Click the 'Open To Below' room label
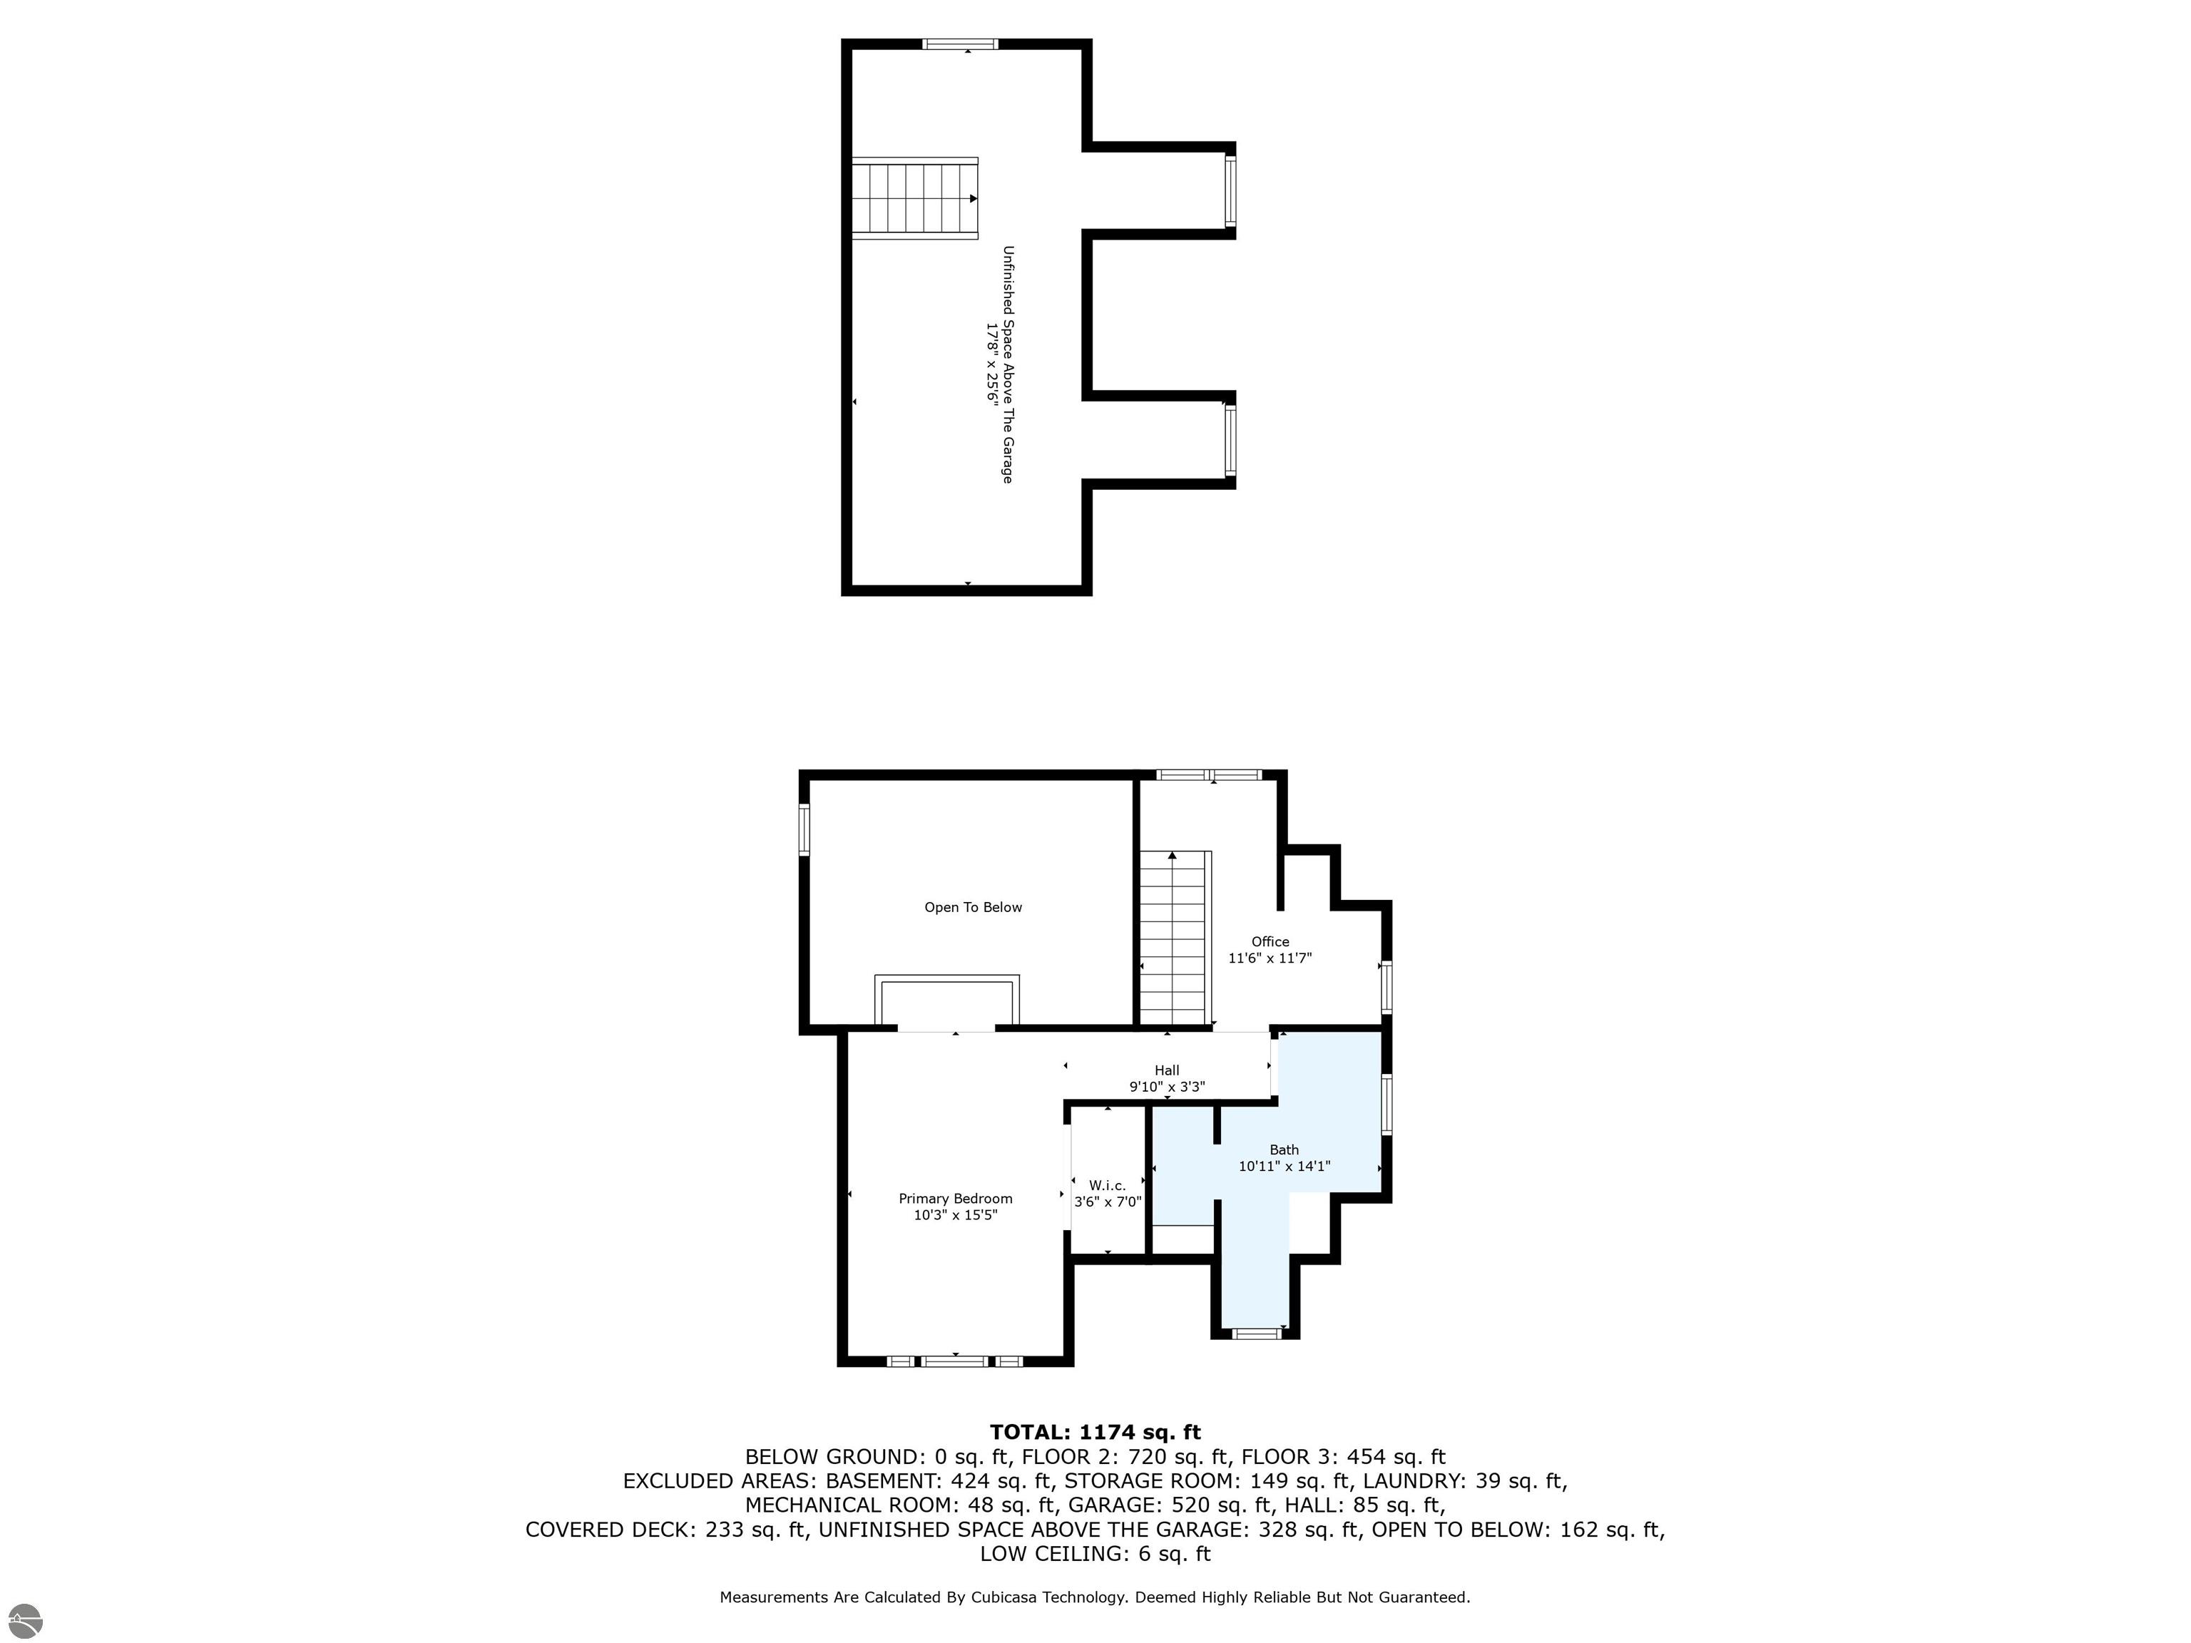[x=973, y=907]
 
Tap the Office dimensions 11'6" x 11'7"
[x=1270, y=958]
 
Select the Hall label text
[x=1167, y=1070]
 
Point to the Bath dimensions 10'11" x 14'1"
[x=1284, y=1167]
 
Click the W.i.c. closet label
[x=1108, y=1185]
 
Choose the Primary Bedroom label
[x=956, y=1198]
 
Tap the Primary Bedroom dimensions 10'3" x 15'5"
[x=956, y=1215]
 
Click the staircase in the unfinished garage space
[x=915, y=198]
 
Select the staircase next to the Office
[x=1175, y=937]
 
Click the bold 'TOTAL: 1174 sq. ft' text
[x=1095, y=1432]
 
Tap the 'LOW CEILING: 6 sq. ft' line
[x=1095, y=1554]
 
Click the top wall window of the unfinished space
[x=960, y=43]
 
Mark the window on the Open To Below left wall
[x=805, y=829]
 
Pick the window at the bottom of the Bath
[x=1256, y=1333]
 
